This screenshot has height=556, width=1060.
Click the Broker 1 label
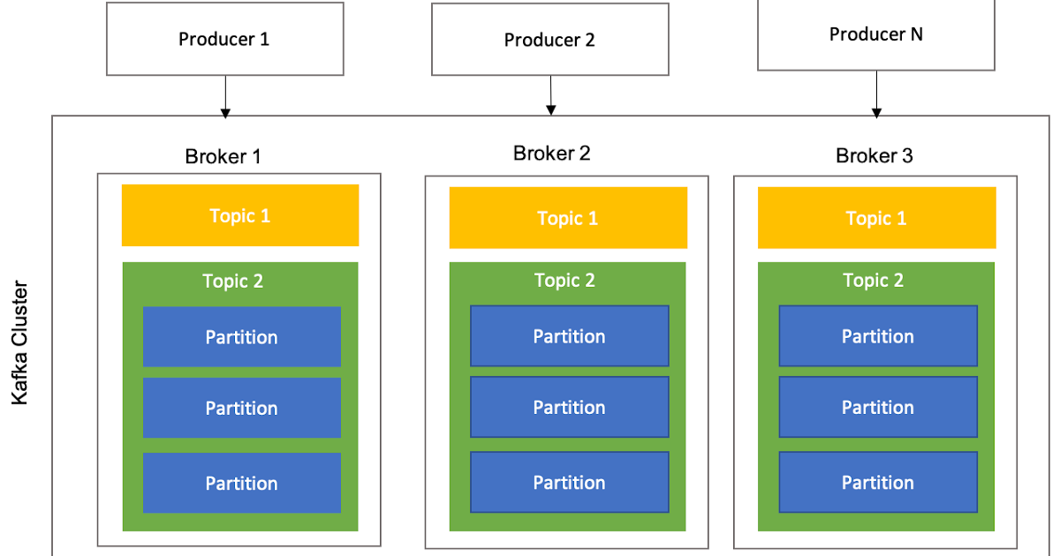(x=223, y=157)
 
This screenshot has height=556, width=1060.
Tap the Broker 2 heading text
(x=551, y=154)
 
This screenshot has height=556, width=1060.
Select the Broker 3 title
(x=874, y=156)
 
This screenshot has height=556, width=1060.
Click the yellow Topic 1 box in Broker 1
(x=240, y=215)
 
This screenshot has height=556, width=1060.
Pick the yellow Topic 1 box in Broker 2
(x=568, y=218)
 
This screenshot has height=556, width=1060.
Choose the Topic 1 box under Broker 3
(x=876, y=218)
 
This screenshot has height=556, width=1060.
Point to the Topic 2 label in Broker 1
(x=232, y=282)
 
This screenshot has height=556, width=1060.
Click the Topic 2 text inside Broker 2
(x=564, y=281)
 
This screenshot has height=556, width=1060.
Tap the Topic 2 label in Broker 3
(x=873, y=281)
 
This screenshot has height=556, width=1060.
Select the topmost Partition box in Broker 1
(x=241, y=337)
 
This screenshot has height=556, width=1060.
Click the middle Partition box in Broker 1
(x=241, y=408)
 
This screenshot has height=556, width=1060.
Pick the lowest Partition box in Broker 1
(x=241, y=483)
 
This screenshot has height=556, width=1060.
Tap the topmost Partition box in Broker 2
(x=569, y=336)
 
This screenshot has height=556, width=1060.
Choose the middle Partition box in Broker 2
(x=569, y=407)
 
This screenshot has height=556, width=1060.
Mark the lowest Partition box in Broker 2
(x=569, y=482)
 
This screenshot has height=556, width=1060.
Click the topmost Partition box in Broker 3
(x=877, y=336)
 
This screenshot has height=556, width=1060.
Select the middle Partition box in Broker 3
(x=877, y=407)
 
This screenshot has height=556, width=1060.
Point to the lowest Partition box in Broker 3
(x=877, y=482)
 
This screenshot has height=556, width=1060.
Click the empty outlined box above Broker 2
(x=549, y=39)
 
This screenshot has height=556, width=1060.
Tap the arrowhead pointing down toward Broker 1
(x=225, y=114)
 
